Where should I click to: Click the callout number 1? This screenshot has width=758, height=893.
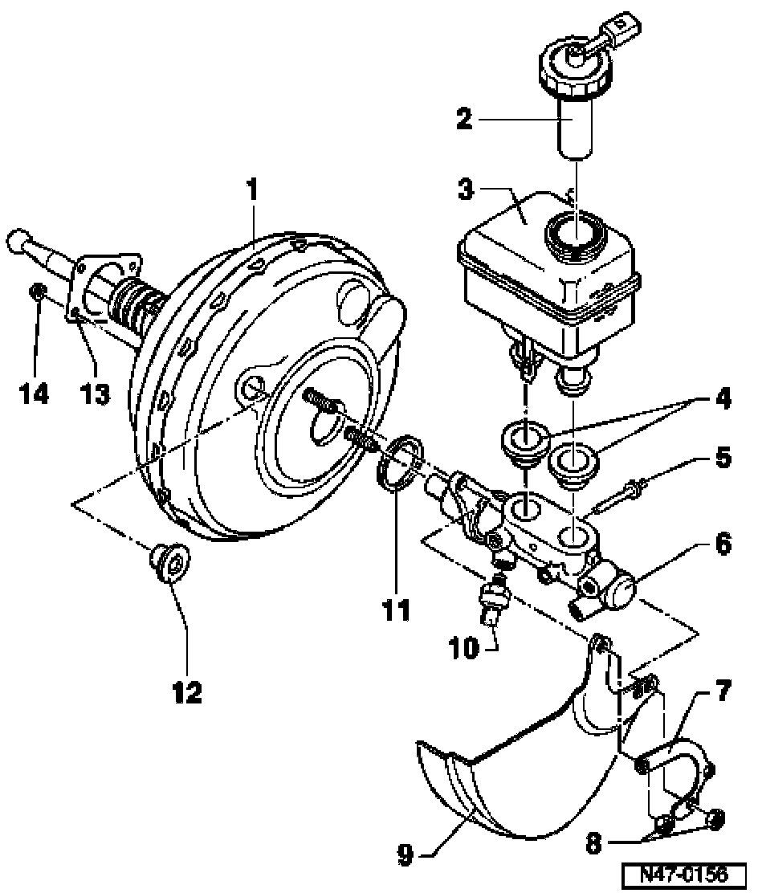(x=252, y=190)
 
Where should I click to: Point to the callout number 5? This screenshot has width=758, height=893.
(x=723, y=458)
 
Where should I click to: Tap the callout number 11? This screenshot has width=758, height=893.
(x=396, y=610)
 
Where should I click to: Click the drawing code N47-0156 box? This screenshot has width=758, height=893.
(x=687, y=874)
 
